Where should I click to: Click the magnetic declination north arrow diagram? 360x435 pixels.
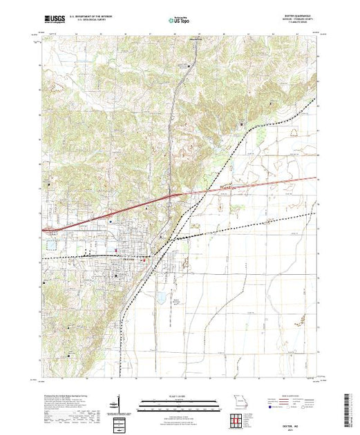(x=119, y=403)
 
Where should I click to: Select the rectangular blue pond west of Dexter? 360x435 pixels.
(x=50, y=244)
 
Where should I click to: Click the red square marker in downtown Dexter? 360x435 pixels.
(x=142, y=260)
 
